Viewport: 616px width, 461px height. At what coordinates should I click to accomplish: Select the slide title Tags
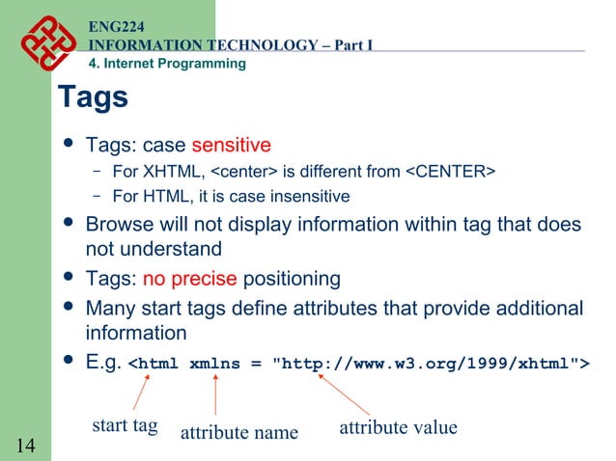93,97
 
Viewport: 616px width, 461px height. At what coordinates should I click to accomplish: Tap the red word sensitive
231,146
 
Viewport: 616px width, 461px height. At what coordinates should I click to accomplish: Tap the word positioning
292,280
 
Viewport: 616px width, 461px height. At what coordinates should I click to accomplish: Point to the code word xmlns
215,364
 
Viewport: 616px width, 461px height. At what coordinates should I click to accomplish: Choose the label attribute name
239,432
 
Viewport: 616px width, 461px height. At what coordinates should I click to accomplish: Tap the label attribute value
398,426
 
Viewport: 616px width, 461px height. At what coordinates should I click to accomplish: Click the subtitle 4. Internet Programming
167,64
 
